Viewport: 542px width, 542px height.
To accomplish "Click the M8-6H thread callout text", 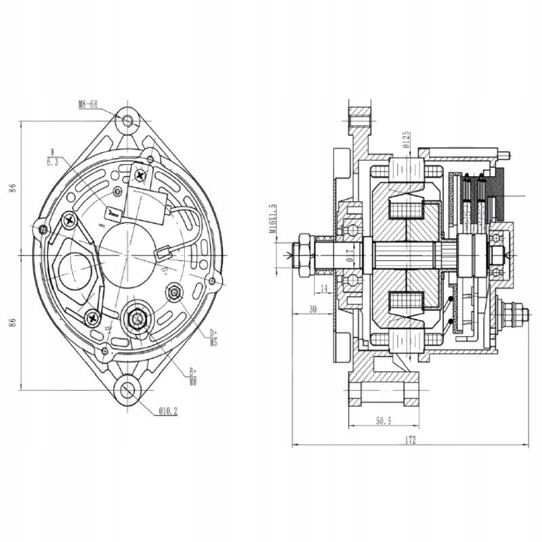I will coord(88,104).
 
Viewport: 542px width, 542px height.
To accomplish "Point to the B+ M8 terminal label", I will coord(192,376).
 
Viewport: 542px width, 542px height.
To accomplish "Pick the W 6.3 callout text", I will coord(52,158).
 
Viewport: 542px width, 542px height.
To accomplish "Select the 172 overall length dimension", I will coord(410,440).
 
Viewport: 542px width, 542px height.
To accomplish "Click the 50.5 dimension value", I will coord(383,421).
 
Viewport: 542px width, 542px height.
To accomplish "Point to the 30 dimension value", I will coord(313,308).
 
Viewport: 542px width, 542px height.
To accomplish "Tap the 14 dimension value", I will coord(324,289).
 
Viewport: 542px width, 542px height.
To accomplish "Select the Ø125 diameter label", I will coord(404,138).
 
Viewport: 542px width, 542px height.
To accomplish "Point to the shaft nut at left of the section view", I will coord(302,255).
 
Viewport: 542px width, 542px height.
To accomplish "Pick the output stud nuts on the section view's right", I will coord(513,314).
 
